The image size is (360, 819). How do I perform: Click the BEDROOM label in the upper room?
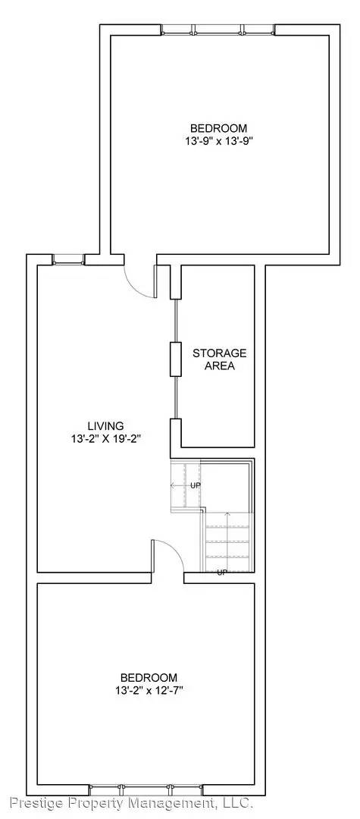tap(218, 128)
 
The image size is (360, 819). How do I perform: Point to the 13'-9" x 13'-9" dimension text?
tap(218, 140)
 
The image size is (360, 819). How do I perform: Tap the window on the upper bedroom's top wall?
tap(218, 30)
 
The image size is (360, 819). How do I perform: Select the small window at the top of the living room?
tap(67, 259)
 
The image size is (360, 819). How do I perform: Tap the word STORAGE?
tap(219, 353)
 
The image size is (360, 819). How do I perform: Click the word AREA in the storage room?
tap(219, 366)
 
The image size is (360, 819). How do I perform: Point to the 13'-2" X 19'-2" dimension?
tap(105, 438)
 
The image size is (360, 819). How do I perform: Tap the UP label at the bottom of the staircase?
tap(222, 572)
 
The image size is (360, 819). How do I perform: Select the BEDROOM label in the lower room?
tap(149, 677)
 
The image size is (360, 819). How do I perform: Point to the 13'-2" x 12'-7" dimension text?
tap(149, 689)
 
